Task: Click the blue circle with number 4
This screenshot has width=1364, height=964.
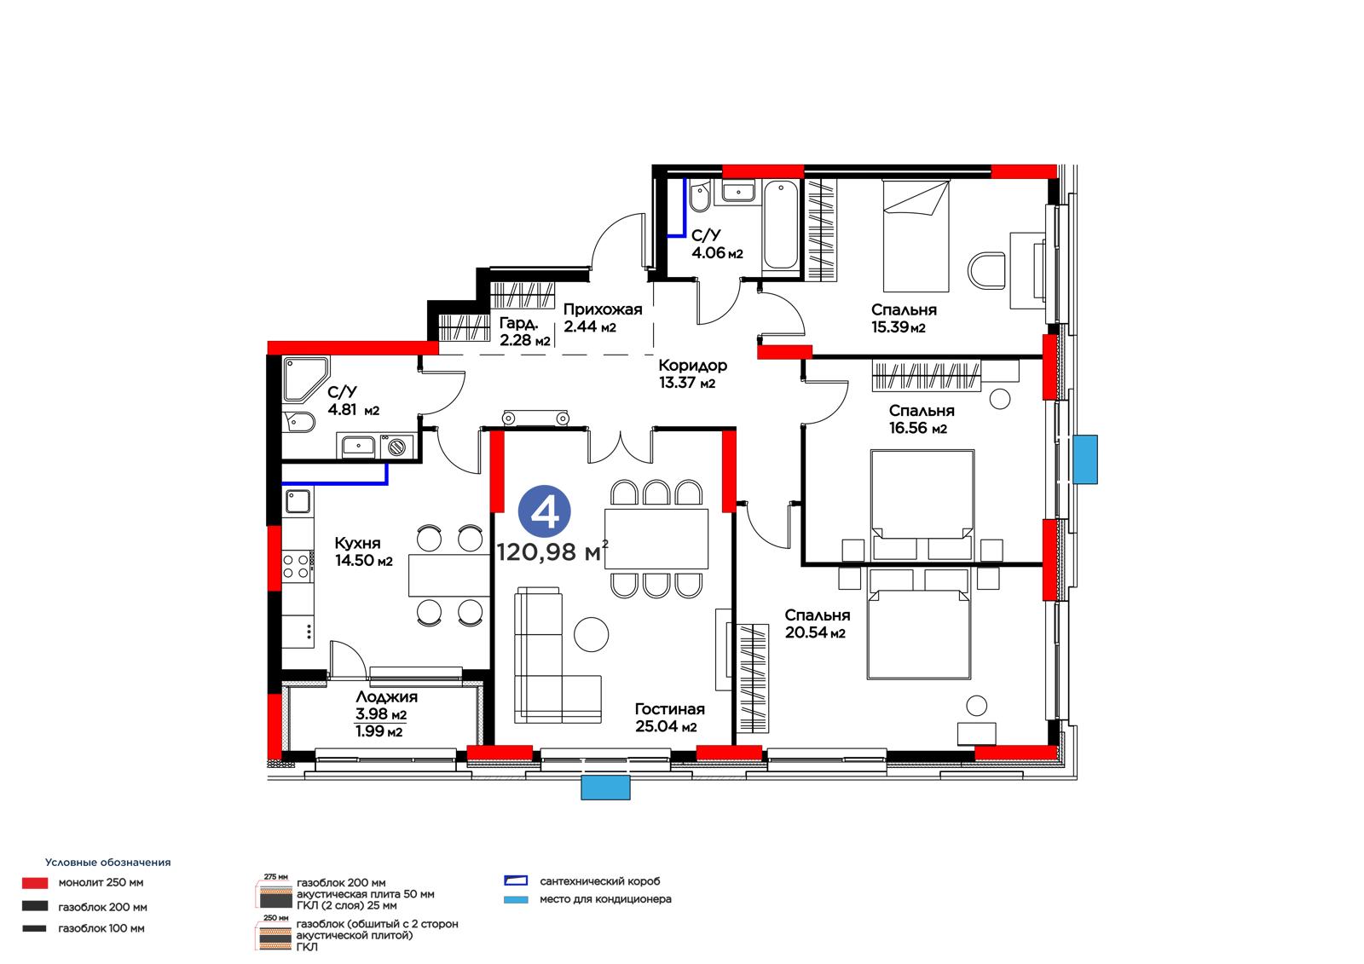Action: pos(544,511)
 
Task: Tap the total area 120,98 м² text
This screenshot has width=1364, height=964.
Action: pos(552,551)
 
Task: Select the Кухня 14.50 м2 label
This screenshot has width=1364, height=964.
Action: pos(363,551)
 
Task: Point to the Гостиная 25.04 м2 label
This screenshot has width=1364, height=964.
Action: pos(670,718)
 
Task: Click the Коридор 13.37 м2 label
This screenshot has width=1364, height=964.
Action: pos(692,374)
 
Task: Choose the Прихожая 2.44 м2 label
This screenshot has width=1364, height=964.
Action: pos(602,318)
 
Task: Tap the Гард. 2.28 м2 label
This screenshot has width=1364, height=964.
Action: pos(524,332)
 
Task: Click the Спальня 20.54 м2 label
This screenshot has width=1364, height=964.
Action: pos(818,624)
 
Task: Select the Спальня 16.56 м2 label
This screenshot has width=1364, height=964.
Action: pos(921,419)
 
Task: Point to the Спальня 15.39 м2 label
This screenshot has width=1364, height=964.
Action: pos(903,319)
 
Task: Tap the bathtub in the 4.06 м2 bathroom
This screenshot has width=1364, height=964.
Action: pos(781,225)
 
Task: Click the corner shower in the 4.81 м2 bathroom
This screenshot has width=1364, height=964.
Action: pos(306,379)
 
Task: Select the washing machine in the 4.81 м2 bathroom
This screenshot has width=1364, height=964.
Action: pos(397,447)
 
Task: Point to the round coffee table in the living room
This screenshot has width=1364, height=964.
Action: pos(591,634)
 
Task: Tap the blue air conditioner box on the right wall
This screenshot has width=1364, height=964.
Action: pos(1085,459)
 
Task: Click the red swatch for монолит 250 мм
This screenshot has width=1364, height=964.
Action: pos(35,883)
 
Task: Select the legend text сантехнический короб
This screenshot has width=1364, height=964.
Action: pos(600,881)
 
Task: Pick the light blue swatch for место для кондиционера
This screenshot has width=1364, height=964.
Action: pos(516,899)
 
